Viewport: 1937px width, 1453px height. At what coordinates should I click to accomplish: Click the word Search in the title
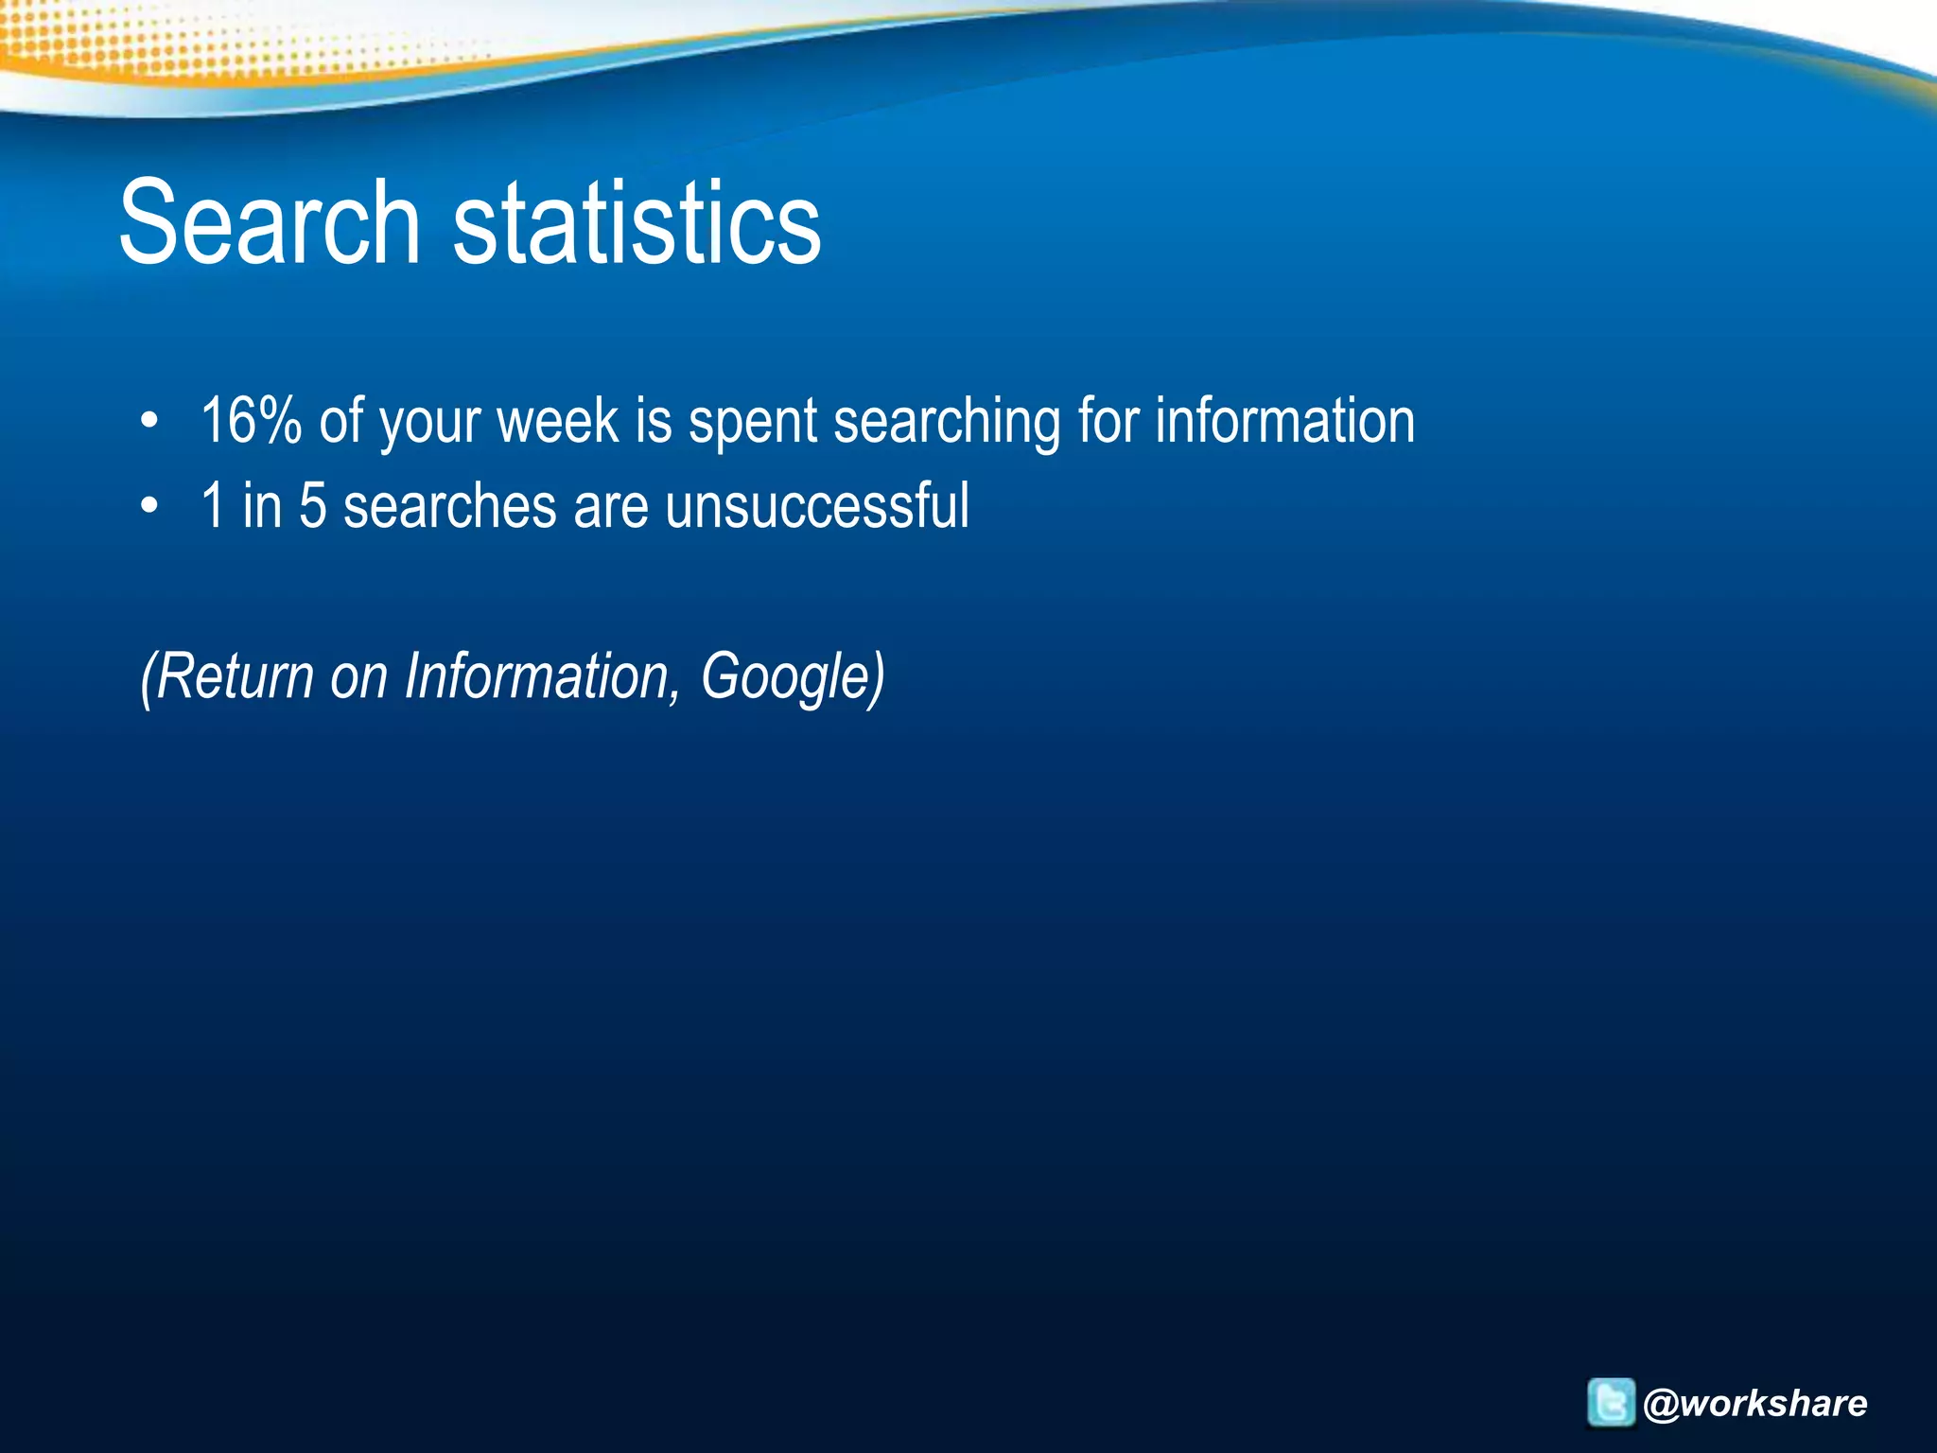tap(270, 223)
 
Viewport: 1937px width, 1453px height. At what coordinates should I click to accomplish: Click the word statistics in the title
tap(637, 223)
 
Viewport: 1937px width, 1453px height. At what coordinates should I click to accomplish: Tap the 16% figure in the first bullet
tap(251, 421)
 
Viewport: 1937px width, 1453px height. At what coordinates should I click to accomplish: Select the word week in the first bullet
tap(557, 421)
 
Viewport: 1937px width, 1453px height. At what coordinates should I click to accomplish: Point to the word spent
tap(753, 423)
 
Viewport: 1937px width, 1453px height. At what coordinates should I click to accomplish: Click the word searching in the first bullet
tap(947, 423)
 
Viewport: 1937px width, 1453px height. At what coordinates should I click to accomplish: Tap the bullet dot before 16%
tap(149, 423)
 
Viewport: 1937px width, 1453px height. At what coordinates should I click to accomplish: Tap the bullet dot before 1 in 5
tap(149, 507)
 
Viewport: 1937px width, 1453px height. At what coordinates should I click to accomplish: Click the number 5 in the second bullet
tap(312, 506)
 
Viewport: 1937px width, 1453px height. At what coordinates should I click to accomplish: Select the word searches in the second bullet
tap(449, 506)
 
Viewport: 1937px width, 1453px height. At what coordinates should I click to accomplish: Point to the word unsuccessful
tap(817, 506)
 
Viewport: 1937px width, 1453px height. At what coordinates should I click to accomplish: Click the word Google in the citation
tap(784, 678)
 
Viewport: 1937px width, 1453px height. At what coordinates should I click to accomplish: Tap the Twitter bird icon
tap(1611, 1402)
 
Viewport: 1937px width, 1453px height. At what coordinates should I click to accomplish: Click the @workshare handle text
tap(1755, 1403)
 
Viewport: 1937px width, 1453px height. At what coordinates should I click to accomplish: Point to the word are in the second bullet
tap(611, 508)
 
